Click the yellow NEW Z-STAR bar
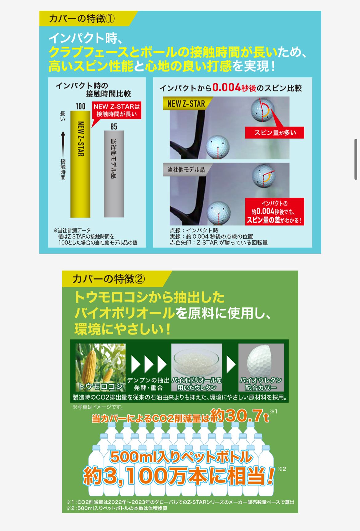(80, 164)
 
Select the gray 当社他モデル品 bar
(114, 174)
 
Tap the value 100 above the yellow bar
(80, 106)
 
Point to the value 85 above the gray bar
(114, 126)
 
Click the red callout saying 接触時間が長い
(116, 110)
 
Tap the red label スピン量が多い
(275, 133)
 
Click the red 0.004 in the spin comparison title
(226, 88)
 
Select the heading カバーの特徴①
(82, 19)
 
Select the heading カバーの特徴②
(109, 279)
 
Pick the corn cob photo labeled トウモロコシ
(101, 367)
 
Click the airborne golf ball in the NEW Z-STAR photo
(262, 110)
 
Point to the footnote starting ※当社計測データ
(95, 236)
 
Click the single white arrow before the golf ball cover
(231, 365)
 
